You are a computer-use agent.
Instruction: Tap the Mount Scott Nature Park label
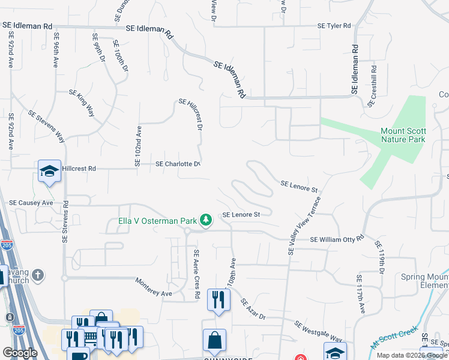coord(403,135)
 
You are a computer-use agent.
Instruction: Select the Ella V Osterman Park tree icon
coord(206,220)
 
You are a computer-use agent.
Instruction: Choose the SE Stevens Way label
coord(46,127)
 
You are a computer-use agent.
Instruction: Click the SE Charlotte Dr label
coord(177,164)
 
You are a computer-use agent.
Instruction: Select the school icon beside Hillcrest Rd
coord(49,171)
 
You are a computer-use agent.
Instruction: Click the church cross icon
coord(38,275)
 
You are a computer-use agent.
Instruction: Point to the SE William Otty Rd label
coord(337,239)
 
